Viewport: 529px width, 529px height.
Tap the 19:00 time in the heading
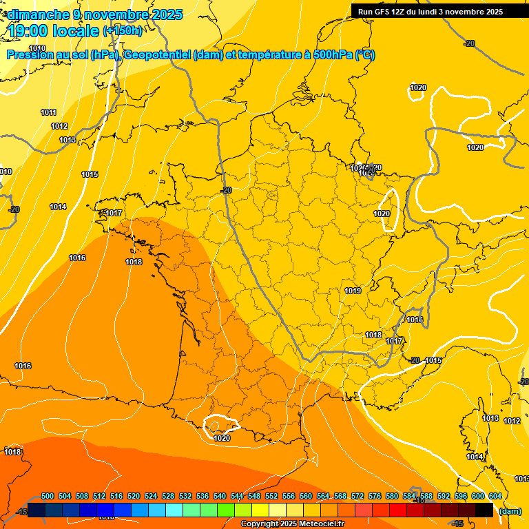(28, 30)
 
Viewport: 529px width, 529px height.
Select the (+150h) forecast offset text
(123, 30)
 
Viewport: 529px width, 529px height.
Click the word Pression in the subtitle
(30, 55)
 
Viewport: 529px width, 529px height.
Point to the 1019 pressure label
(353, 291)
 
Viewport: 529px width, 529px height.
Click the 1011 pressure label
(48, 112)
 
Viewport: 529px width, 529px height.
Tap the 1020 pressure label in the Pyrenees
(222, 438)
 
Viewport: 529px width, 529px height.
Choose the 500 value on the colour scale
(48, 496)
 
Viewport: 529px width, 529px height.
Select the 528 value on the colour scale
(168, 496)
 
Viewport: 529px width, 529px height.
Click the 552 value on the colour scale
(271, 496)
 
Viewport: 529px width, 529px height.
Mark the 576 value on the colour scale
(375, 496)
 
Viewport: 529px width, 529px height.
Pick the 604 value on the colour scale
(495, 496)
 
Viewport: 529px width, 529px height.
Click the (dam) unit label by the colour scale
(510, 510)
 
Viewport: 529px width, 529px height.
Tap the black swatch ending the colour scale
(484, 510)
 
